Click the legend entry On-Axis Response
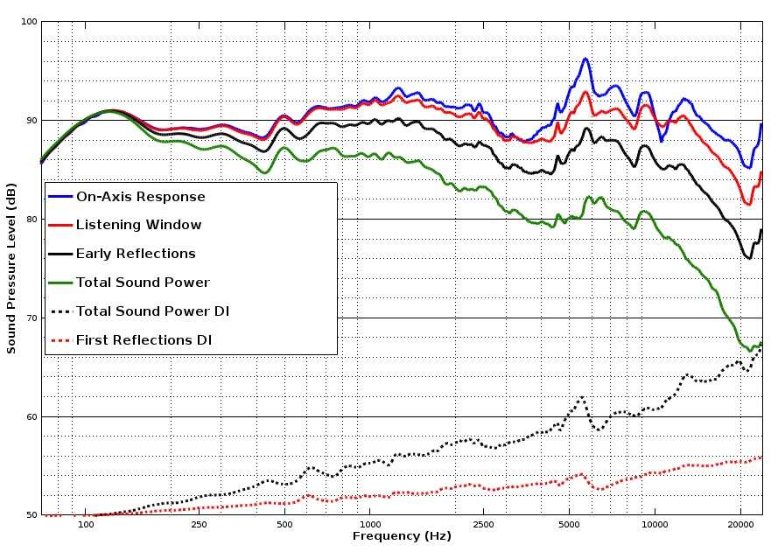140,197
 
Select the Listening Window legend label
138,225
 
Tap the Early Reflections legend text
136,254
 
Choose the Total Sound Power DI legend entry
152,311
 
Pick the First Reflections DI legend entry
144,339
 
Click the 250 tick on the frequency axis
199,525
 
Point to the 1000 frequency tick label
369,525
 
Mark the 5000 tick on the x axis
569,525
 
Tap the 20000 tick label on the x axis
740,525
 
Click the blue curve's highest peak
585,59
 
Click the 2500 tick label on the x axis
483,525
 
